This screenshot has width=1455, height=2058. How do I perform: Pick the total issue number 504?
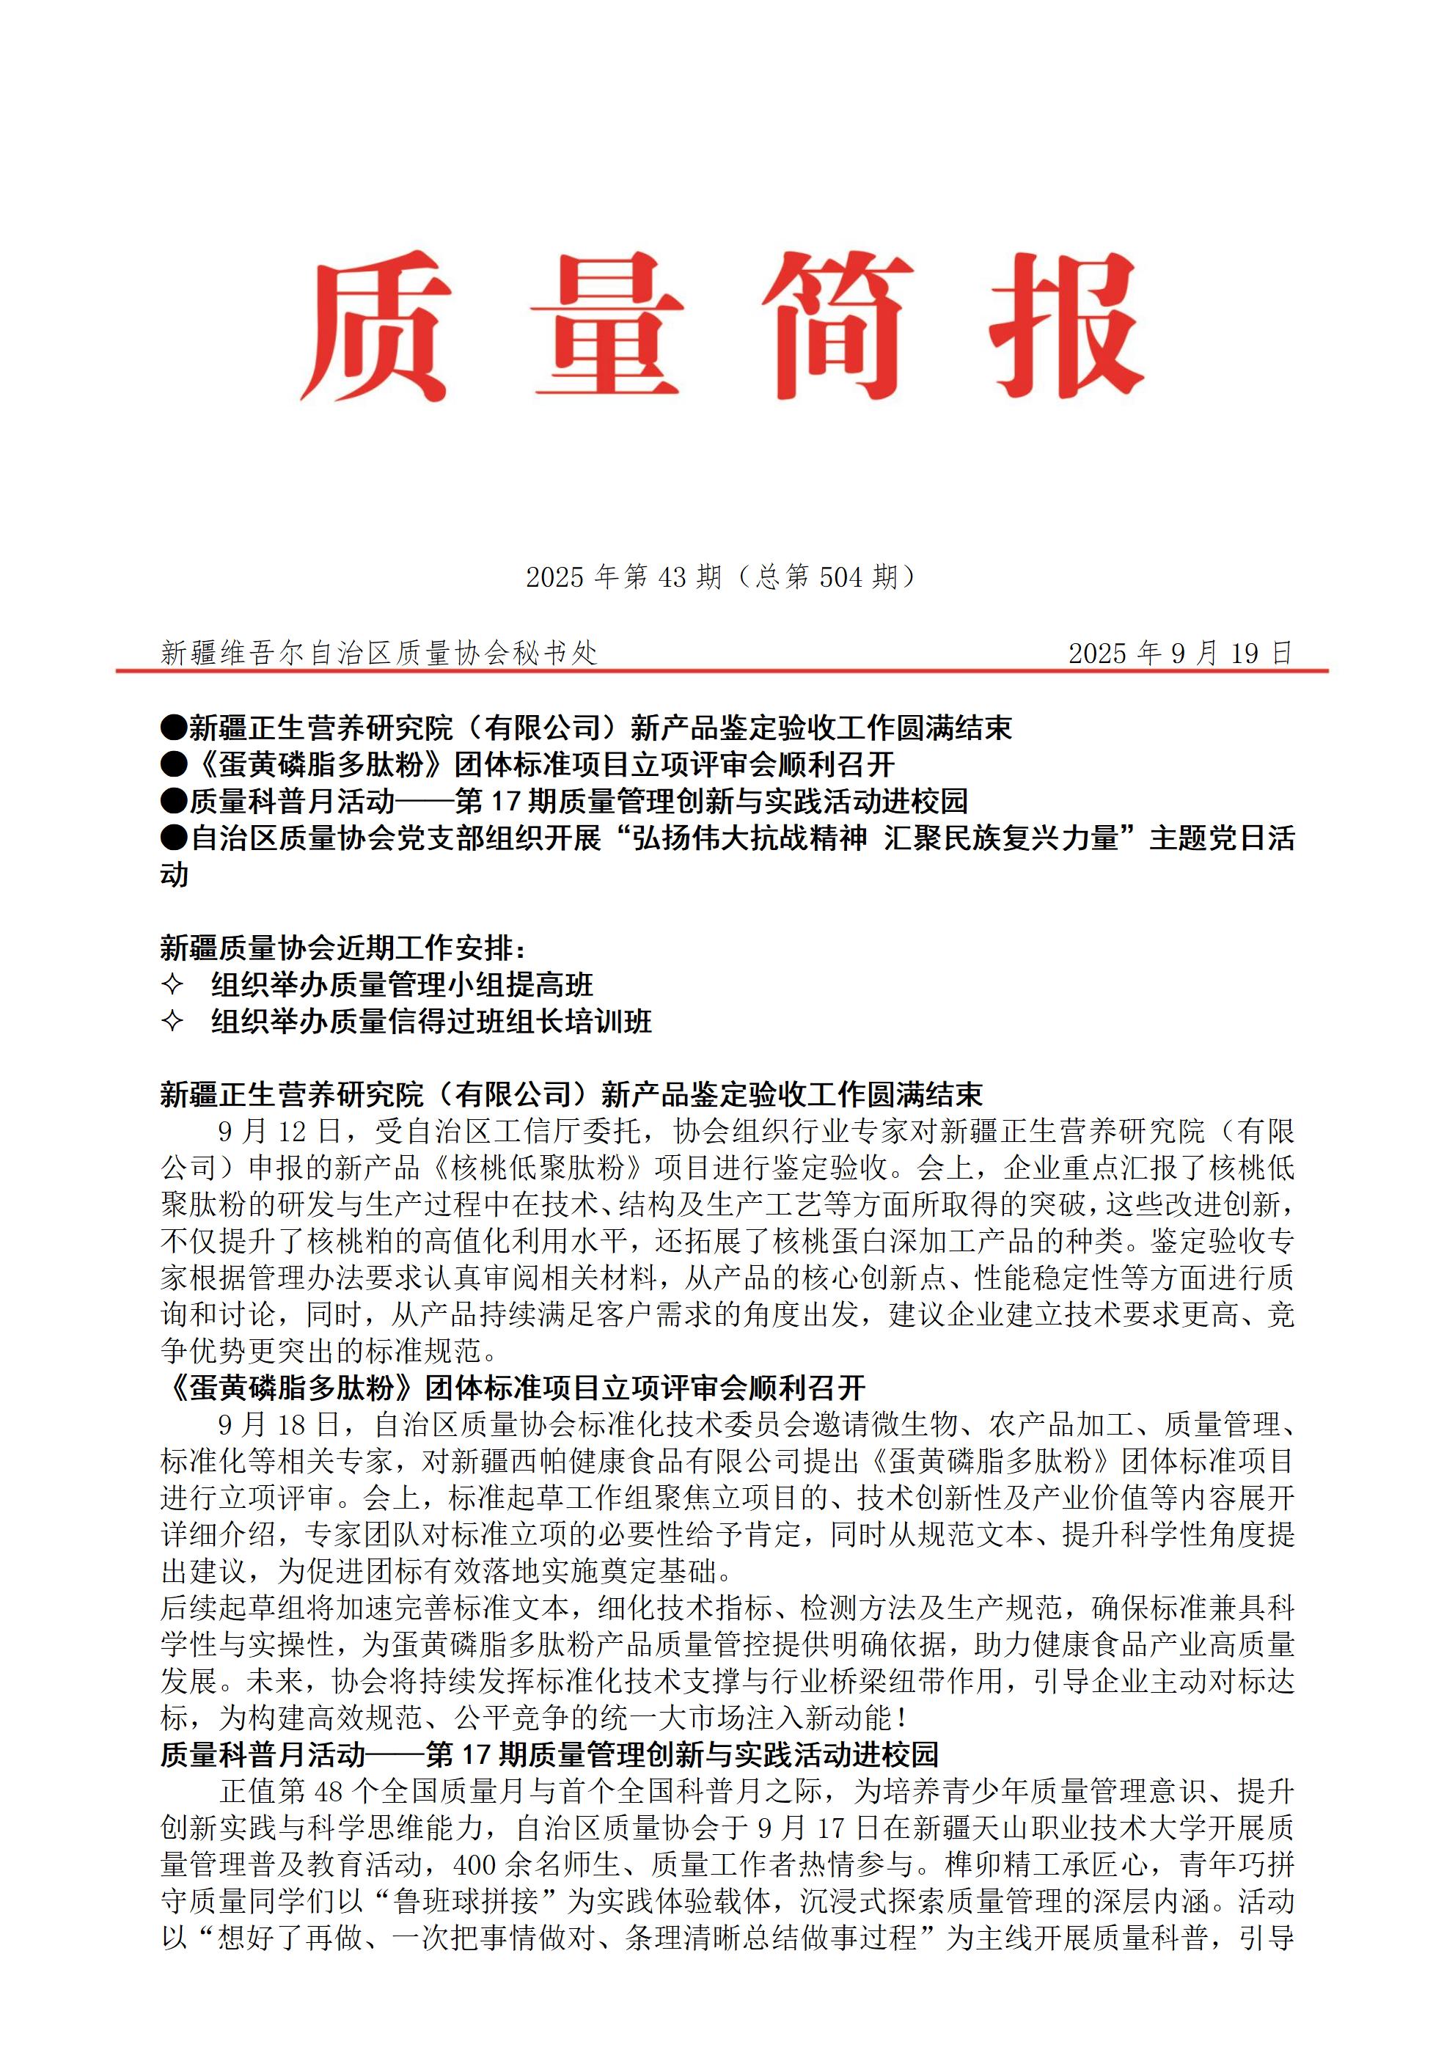click(841, 577)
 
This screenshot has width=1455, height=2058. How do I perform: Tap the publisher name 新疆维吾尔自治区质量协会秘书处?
click(378, 653)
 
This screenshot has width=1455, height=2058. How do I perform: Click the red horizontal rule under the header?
click(722, 670)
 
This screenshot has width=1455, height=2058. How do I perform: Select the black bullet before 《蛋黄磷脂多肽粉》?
click(173, 764)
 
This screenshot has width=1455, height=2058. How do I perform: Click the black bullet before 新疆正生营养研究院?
click(173, 728)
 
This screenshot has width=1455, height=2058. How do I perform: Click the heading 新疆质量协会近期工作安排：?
click(344, 948)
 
